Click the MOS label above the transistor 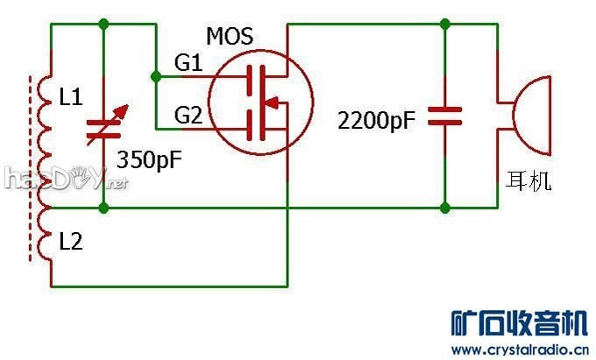pos(230,37)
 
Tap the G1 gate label pos(188,63)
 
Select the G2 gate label pos(188,113)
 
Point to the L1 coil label pos(71,99)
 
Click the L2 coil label pos(71,242)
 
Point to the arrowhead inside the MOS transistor pos(274,103)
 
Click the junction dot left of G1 pos(156,77)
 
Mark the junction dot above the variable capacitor pos(105,23)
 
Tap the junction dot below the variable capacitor pos(105,208)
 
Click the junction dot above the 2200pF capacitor pos(445,23)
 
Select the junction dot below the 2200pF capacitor pos(445,208)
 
